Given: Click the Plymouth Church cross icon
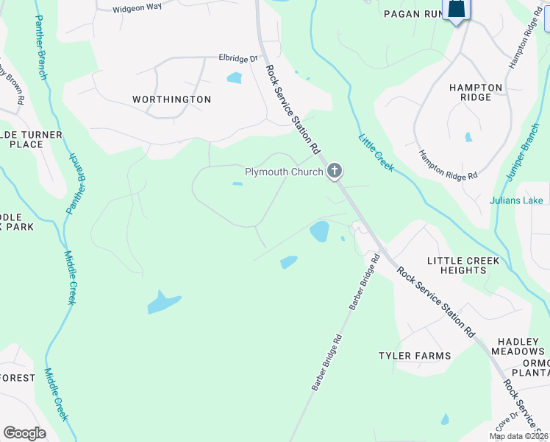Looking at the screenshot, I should click(x=335, y=172).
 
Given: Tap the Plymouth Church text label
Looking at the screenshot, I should click(x=284, y=172).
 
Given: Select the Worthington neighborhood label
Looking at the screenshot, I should click(x=171, y=99).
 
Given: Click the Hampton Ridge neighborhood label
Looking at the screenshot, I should click(x=476, y=93).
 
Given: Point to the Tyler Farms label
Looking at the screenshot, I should click(x=415, y=356).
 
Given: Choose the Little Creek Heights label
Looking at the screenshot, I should click(x=463, y=265).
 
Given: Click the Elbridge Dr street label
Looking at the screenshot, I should click(x=239, y=57).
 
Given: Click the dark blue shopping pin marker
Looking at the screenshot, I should click(x=457, y=10).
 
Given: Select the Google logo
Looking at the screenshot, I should click(x=24, y=433).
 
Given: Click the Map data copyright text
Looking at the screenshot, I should click(x=518, y=436).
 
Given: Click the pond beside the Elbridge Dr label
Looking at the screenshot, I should click(x=235, y=77).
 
